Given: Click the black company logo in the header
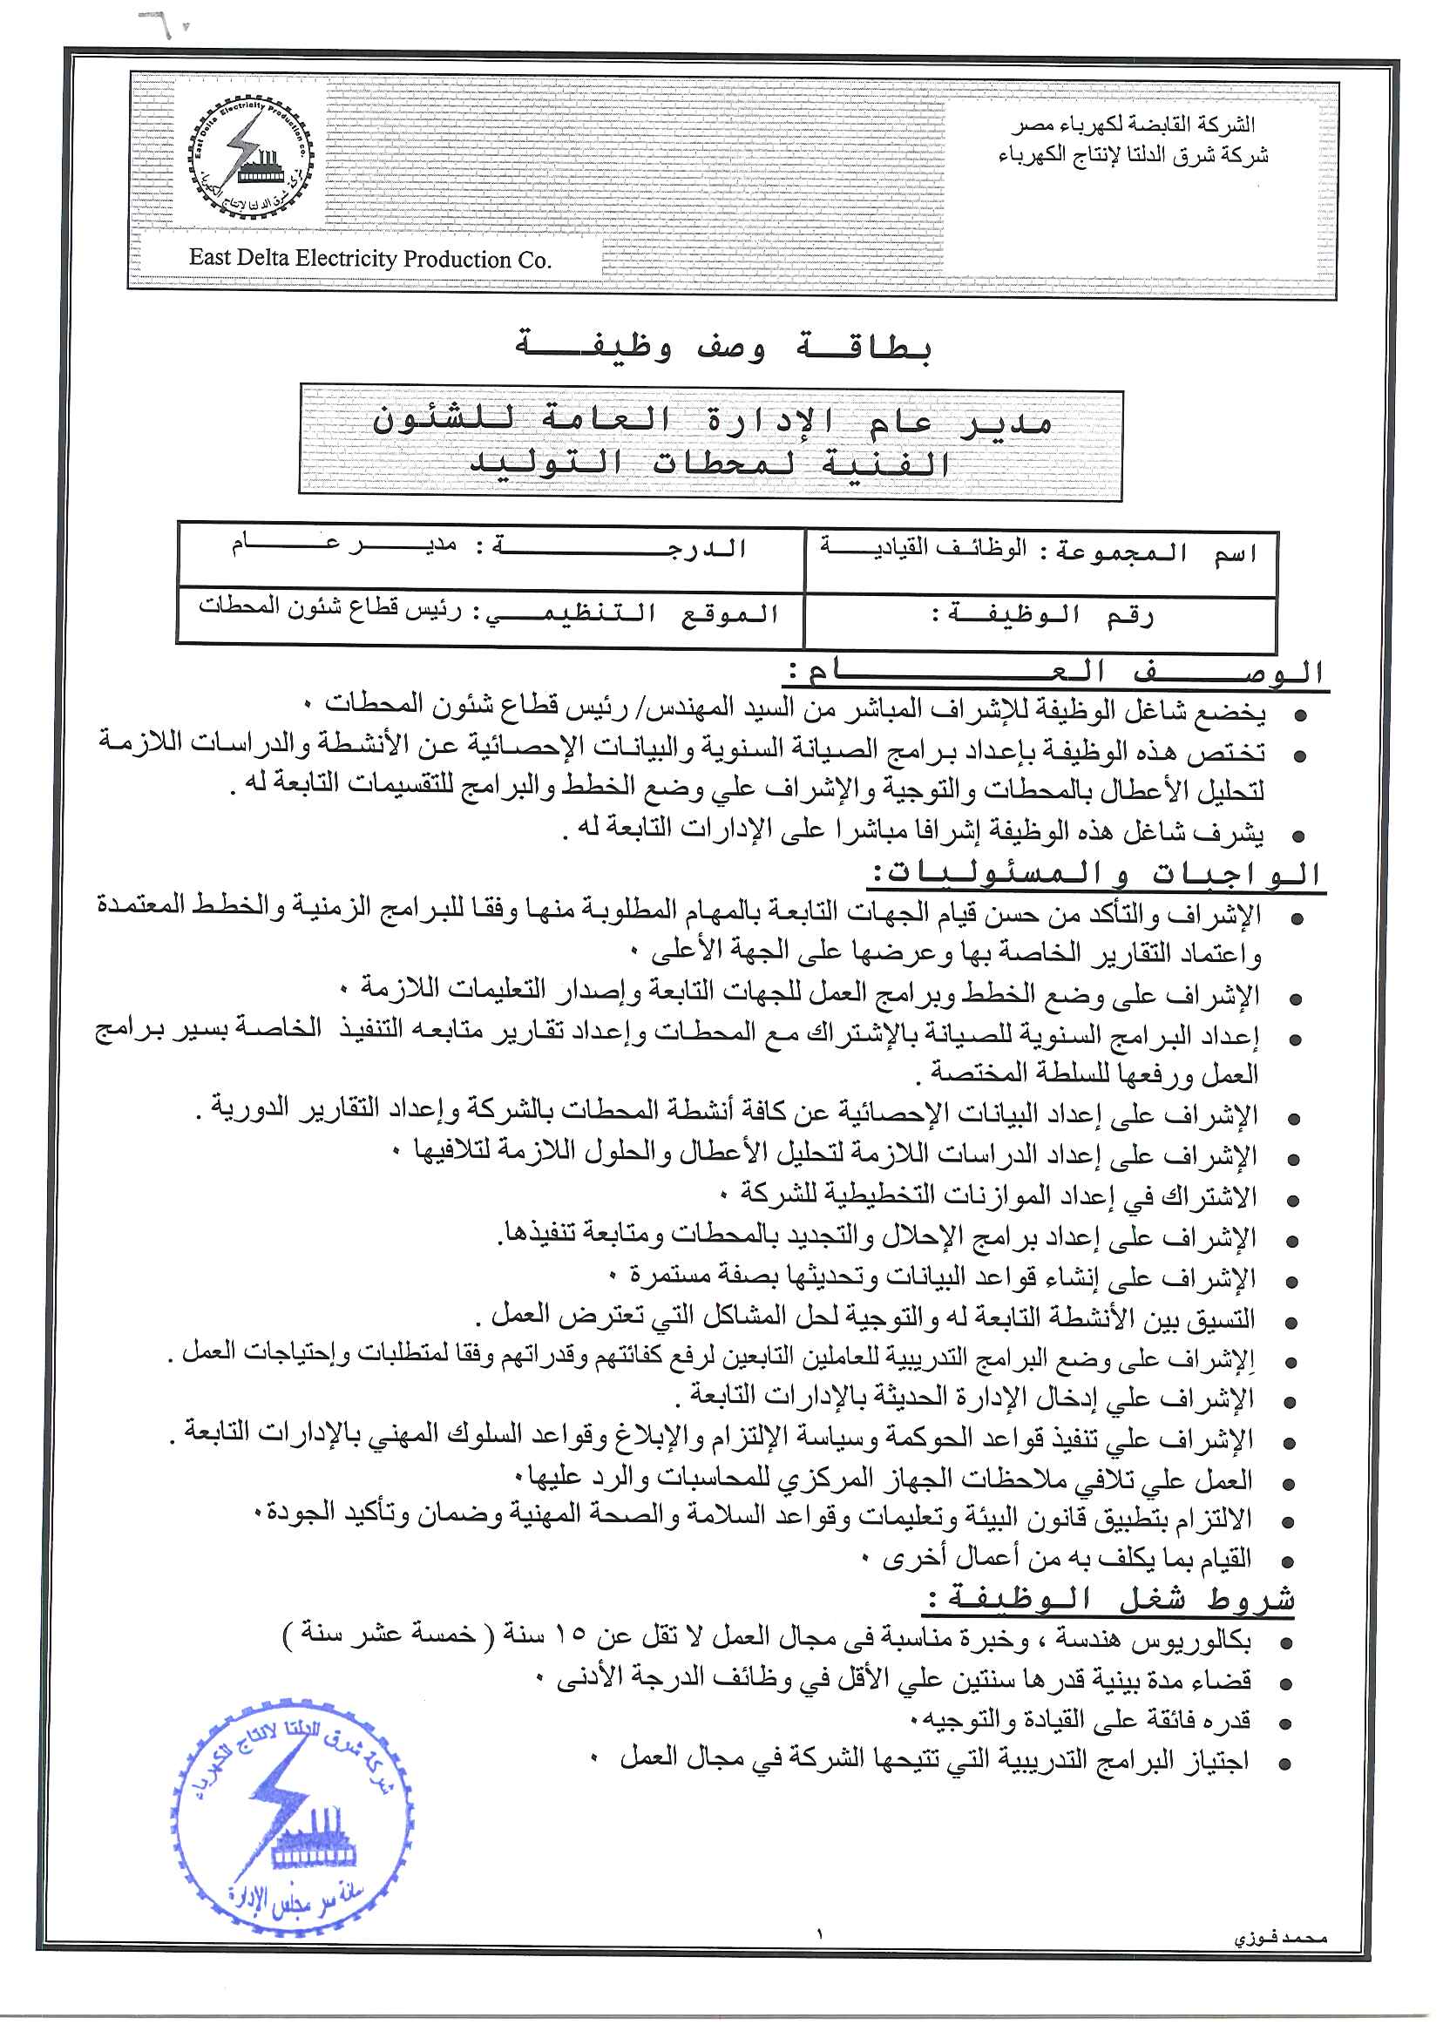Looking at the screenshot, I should click(250, 162).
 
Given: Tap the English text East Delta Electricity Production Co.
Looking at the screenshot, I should click(369, 259).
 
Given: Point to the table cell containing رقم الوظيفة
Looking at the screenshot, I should click(1040, 616).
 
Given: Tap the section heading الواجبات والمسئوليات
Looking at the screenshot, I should click(1094, 874).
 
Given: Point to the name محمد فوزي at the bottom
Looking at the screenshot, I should click(1279, 1938).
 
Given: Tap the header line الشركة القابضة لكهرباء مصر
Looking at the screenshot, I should click(1134, 126).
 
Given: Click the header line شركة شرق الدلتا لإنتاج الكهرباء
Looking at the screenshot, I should click(1132, 156).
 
